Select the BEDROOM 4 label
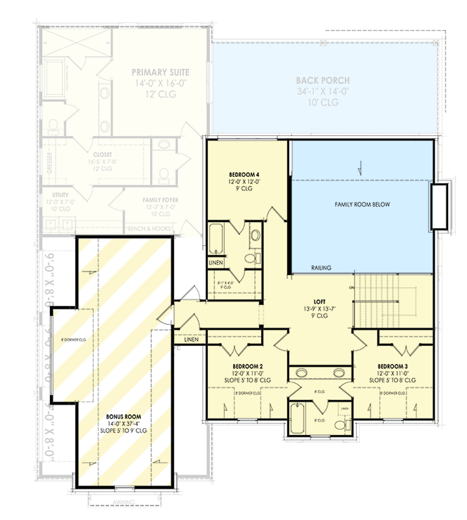point(246,175)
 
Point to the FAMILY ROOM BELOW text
point(362,204)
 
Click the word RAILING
point(322,267)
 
